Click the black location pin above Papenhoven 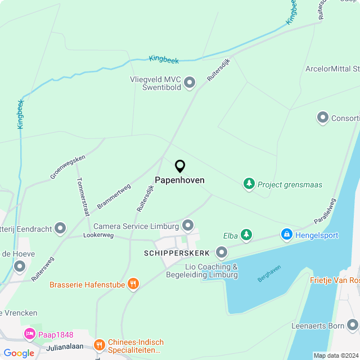coord(180,166)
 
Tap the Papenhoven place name coord(179,181)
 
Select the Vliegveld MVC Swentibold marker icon coord(190,83)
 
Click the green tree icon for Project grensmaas coord(249,184)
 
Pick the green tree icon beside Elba coord(246,235)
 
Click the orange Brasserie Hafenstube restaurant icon coord(133,284)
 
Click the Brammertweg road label coord(114,196)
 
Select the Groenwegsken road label coord(67,167)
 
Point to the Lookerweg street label coord(98,235)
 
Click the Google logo coord(19,353)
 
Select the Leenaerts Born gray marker coord(353,325)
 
